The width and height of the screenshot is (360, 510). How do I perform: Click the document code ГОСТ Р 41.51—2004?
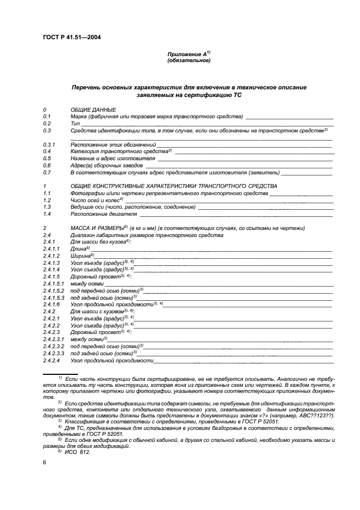pyautogui.click(x=71, y=37)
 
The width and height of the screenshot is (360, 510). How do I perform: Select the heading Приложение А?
pyautogui.click(x=187, y=54)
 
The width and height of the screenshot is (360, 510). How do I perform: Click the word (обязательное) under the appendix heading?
pyautogui.click(x=188, y=60)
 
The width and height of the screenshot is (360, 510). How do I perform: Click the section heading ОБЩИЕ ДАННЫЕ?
pyautogui.click(x=94, y=110)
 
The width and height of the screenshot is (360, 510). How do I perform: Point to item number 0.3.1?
pyautogui.click(x=50, y=144)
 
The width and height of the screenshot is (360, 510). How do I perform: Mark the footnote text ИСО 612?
pyautogui.click(x=77, y=452)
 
